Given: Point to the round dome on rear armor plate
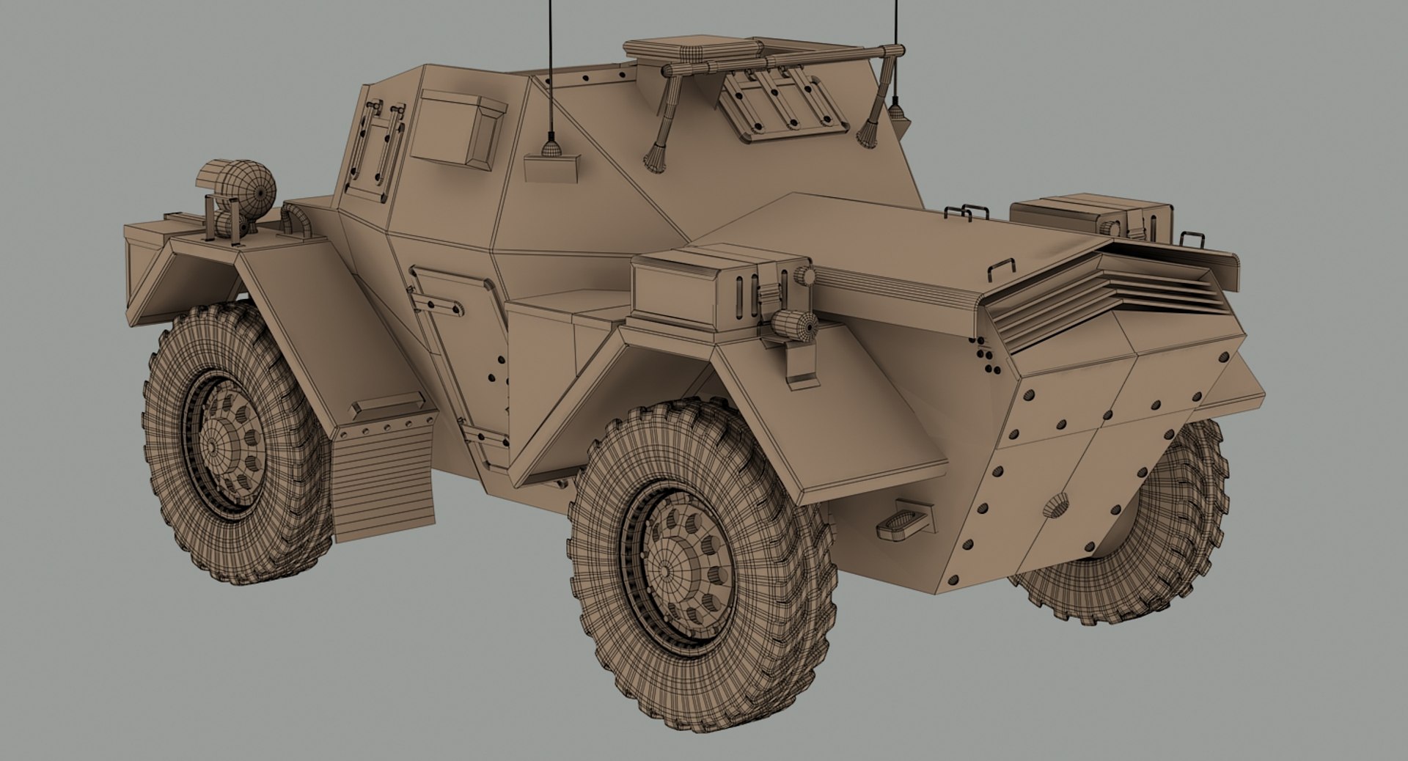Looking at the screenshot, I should coord(1057,505).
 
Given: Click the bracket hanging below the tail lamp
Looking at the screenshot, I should coord(801,367).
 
